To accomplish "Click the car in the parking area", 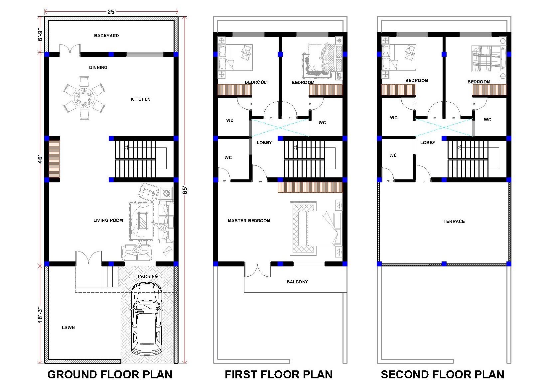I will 146,319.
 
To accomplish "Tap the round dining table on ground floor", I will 84,98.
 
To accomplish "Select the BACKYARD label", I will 106,36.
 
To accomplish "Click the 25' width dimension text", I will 111,12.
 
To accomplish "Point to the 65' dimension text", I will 185,190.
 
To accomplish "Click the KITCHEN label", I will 141,99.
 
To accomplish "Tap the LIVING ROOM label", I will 108,220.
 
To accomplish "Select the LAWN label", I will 68,328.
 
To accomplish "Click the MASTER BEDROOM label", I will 249,221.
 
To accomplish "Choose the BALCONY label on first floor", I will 297,282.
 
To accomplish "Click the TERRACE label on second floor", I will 454,221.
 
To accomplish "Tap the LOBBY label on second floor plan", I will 428,143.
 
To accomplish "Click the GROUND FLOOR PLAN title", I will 110,374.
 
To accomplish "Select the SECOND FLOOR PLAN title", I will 443,374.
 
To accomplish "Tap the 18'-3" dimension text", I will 40,314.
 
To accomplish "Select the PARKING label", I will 148,276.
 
